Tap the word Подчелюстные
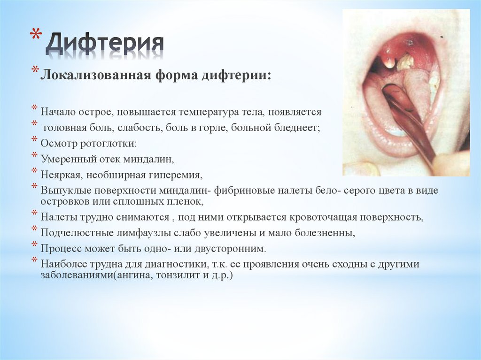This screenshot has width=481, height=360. (x=74, y=233)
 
